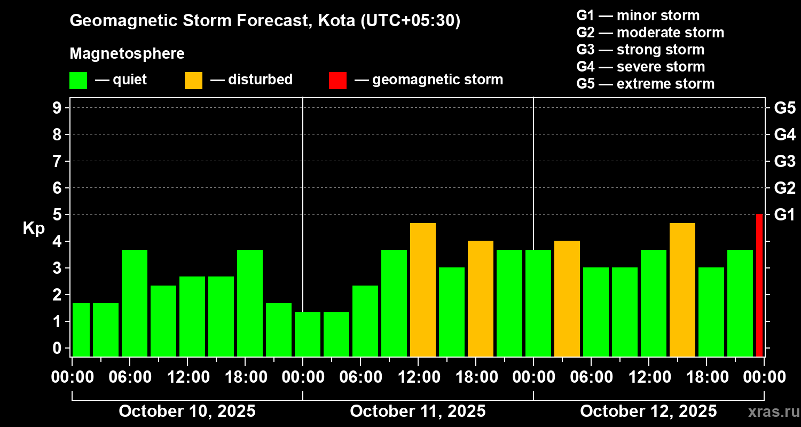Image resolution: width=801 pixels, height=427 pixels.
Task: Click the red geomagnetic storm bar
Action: (759, 286)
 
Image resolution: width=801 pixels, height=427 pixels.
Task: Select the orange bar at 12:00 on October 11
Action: (423, 290)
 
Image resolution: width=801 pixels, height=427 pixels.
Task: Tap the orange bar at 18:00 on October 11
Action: (481, 299)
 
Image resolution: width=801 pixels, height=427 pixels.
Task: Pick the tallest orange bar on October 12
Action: (682, 290)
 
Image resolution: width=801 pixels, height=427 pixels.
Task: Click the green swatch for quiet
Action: (78, 81)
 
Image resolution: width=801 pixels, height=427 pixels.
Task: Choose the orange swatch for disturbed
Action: (193, 81)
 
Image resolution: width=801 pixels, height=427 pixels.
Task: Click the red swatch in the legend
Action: (337, 81)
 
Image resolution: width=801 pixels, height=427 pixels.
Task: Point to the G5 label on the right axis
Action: (784, 108)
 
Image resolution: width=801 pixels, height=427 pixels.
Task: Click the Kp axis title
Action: (34, 228)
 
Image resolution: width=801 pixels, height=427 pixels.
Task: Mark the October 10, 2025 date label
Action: (187, 412)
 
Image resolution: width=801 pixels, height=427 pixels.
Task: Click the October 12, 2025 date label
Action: (648, 412)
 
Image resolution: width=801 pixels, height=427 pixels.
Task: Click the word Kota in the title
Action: (336, 21)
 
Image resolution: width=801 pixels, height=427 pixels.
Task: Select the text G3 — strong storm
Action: (640, 50)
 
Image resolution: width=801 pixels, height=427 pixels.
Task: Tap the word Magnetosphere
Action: (127, 54)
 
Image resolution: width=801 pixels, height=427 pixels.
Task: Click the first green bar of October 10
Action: (81, 330)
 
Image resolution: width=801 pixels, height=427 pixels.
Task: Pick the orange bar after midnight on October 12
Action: (567, 299)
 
